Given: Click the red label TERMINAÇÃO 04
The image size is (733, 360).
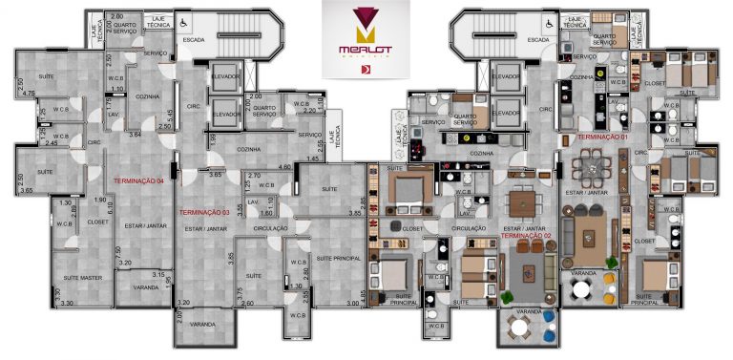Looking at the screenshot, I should pos(139,180).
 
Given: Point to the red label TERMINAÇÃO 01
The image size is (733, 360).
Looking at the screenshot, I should pos(602,138).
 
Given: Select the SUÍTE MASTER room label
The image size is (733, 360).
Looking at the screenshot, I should pos(83,277).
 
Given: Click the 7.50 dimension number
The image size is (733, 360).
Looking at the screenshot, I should pos(118,251).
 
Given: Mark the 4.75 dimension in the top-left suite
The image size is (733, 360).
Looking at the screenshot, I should pos(30,94).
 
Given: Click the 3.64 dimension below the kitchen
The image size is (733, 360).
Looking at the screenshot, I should pos(136,135).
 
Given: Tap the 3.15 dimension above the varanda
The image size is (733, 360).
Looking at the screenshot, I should pos(158,275).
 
